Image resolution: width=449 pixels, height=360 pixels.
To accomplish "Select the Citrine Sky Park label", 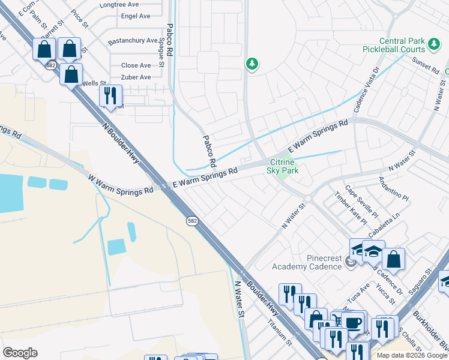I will (x=282, y=166).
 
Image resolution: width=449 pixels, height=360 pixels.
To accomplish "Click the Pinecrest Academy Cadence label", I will (x=306, y=262).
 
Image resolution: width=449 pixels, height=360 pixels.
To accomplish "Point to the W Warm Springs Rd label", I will (x=121, y=184).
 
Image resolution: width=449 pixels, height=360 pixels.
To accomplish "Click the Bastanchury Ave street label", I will (x=132, y=42).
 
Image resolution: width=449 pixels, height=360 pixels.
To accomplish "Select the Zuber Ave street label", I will (x=136, y=77).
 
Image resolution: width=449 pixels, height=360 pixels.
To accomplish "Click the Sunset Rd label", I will (x=426, y=65).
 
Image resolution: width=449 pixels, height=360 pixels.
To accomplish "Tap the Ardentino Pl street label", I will (x=393, y=189).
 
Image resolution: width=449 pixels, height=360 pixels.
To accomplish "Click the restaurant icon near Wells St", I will (x=110, y=95).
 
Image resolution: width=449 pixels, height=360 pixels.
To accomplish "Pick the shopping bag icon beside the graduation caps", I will (x=393, y=259).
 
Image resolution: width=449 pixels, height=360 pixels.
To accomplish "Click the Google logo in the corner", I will (x=20, y=352).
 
